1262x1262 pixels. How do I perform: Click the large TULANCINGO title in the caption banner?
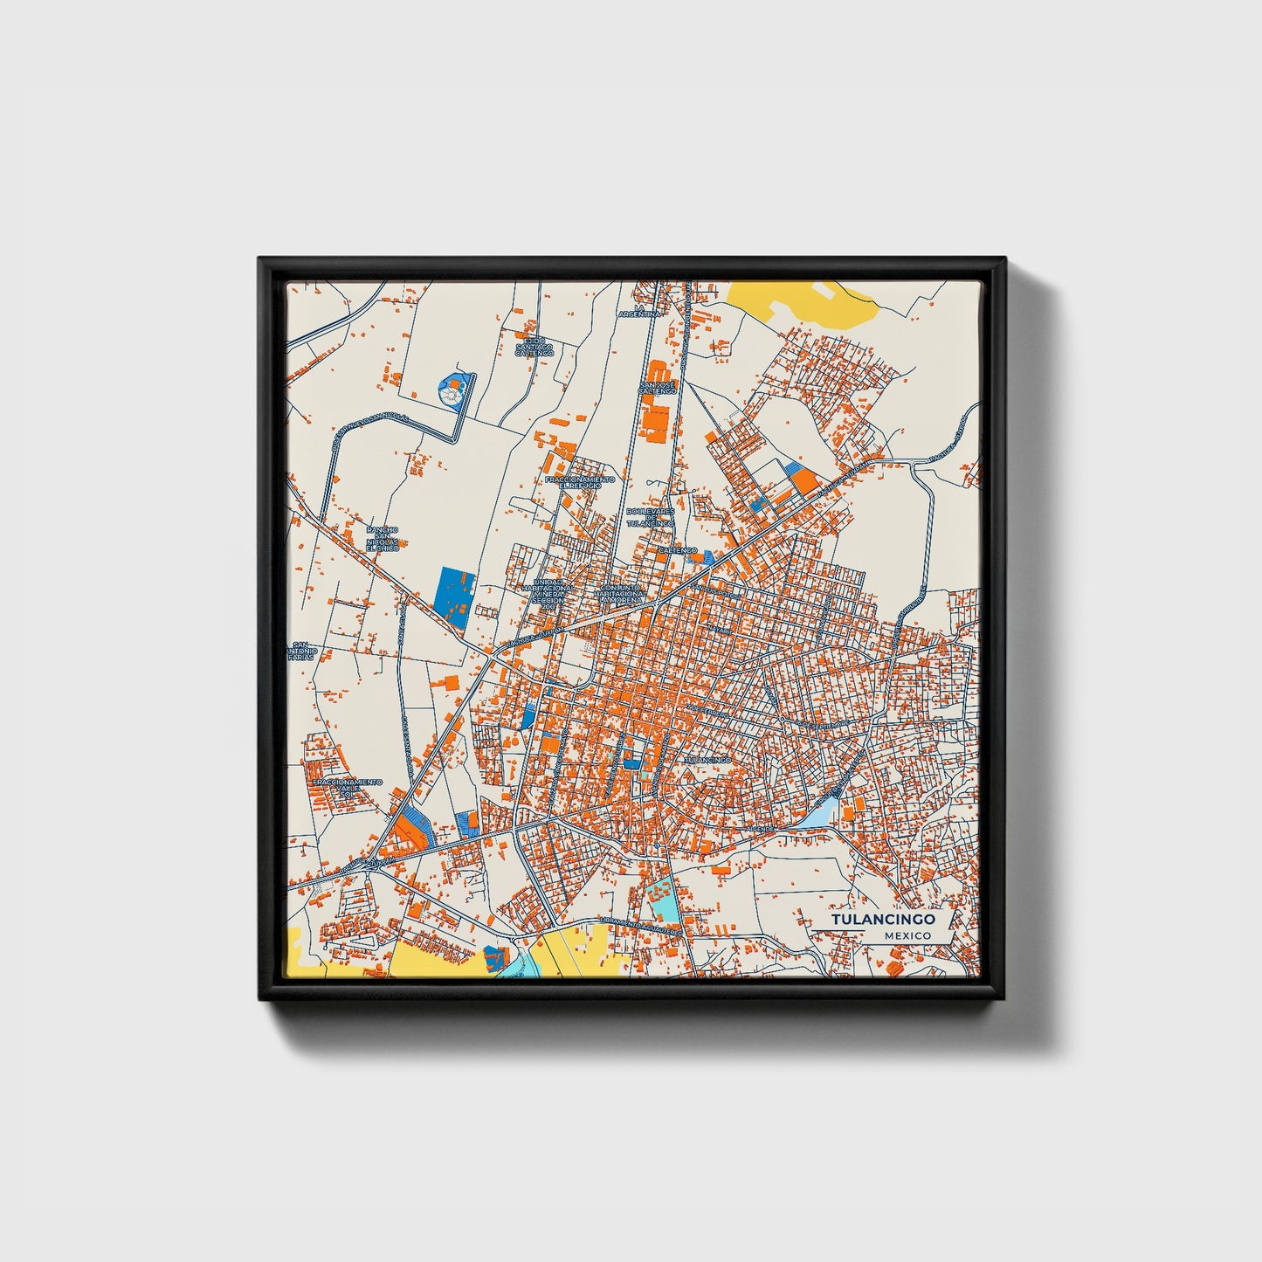pos(882,920)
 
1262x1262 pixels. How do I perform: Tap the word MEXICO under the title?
pos(906,935)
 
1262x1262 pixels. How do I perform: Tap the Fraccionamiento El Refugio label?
pos(579,482)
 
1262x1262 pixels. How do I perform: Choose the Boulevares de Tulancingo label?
pos(649,516)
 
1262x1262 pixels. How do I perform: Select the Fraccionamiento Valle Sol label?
pos(348,789)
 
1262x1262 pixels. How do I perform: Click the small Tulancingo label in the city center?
pos(707,761)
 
